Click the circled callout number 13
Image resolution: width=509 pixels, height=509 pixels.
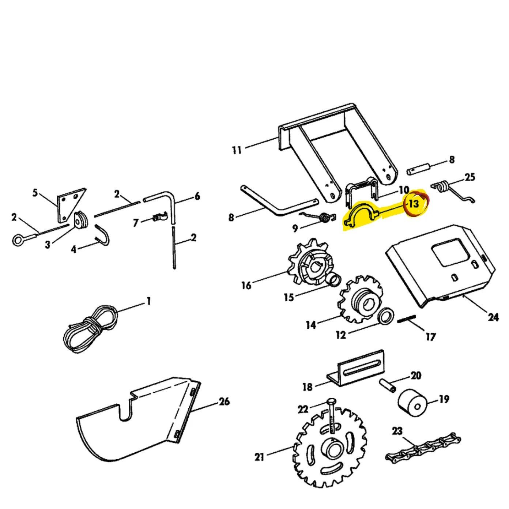click(414, 204)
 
